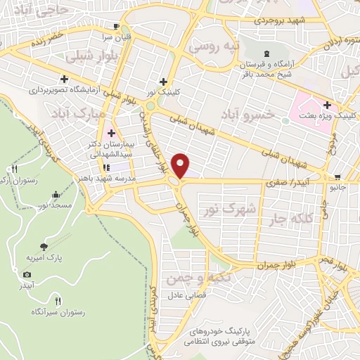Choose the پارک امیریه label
(x=44, y=258)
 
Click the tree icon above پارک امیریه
(x=44, y=247)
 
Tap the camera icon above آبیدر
(x=27, y=275)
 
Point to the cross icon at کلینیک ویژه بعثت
(x=326, y=104)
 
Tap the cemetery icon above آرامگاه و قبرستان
(x=266, y=53)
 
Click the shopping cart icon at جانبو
(x=339, y=177)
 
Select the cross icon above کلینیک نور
(x=165, y=82)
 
